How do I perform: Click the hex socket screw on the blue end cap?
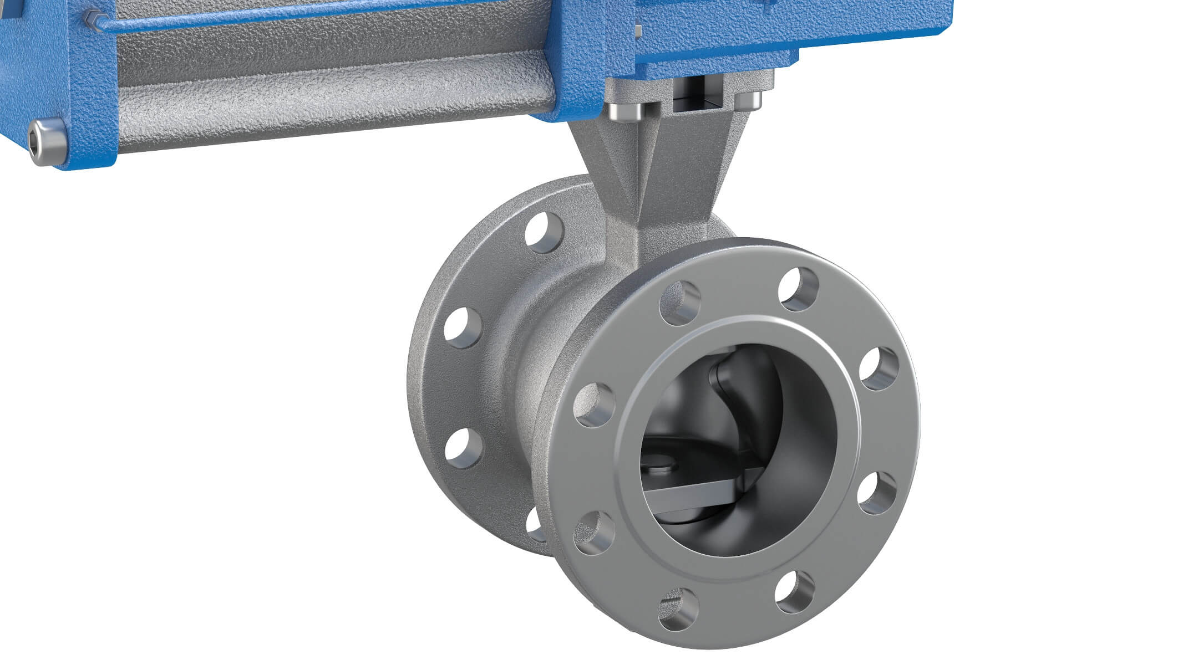tap(47, 142)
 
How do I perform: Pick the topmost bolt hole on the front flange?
tap(799, 289)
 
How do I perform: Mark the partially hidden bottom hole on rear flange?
tap(535, 524)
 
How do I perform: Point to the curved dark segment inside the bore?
tap(743, 388)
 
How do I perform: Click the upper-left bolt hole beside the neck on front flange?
tap(680, 303)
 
